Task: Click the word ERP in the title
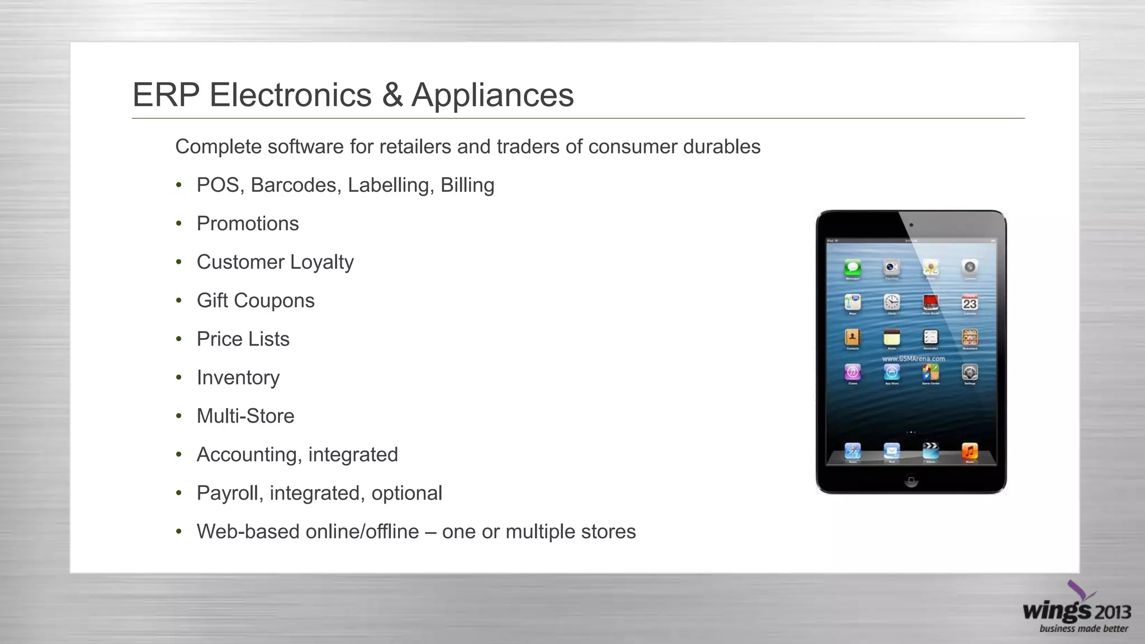point(165,94)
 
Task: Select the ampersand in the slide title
point(392,94)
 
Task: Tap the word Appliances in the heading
point(493,94)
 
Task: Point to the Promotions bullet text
point(248,224)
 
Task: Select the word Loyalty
point(322,262)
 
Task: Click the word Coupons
point(274,301)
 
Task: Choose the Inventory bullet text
point(238,378)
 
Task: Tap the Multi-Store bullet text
point(245,416)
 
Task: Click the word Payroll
point(230,494)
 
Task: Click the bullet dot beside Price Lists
point(179,339)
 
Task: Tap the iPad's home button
point(911,481)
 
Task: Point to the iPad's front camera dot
point(911,225)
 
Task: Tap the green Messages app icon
point(853,267)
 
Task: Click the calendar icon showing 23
point(969,303)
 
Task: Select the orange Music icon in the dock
point(969,450)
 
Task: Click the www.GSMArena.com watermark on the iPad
point(914,358)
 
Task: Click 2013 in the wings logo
point(1112,613)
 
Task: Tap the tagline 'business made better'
point(1084,629)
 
